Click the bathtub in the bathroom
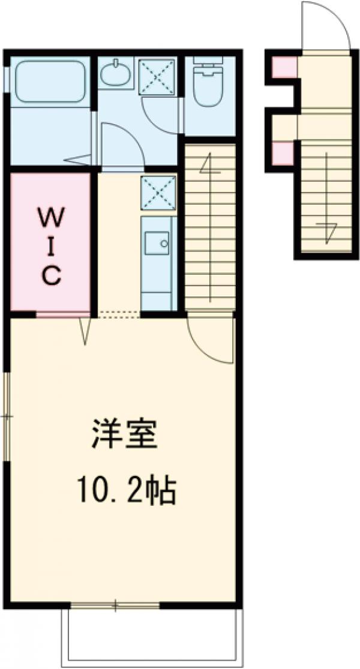(x=50, y=81)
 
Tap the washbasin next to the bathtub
(x=113, y=75)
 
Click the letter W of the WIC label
(x=52, y=215)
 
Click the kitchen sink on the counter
(x=158, y=241)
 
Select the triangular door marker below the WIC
(x=85, y=331)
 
